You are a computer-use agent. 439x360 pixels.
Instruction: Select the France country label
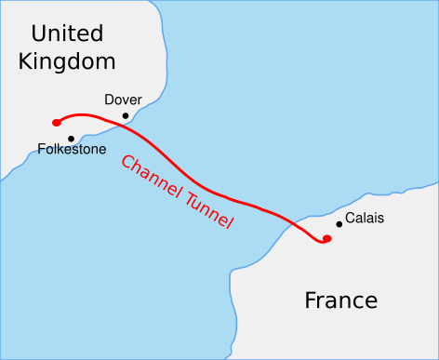[341, 300]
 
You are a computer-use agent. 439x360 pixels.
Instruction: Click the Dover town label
[123, 100]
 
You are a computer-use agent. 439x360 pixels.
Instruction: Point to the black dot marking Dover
[126, 116]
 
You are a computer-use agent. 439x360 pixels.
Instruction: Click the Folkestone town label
[72, 149]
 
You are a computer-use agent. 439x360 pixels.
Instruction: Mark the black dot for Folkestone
[72, 139]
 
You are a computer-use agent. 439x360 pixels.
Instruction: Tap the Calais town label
[364, 219]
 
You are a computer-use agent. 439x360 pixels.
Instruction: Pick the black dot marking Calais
[339, 223]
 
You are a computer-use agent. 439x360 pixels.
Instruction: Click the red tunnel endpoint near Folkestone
[57, 122]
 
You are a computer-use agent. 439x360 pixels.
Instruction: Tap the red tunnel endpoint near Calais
[326, 239]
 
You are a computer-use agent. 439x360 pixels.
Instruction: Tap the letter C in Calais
[349, 219]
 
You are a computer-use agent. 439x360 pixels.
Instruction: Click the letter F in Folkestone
[42, 149]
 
